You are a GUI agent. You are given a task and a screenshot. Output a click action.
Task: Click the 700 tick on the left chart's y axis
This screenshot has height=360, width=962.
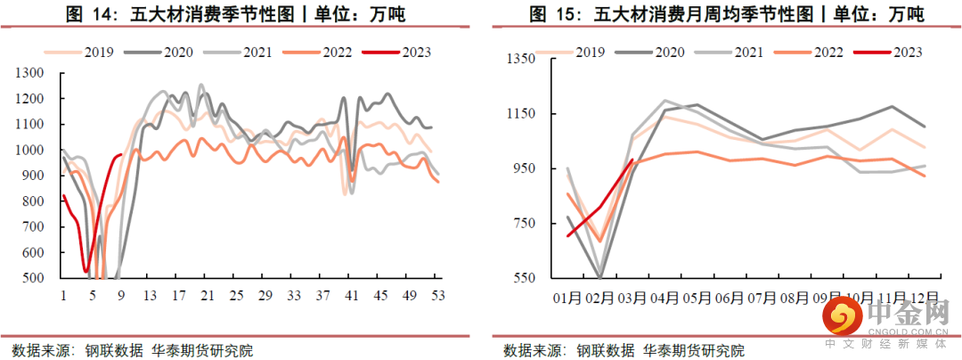[x=35, y=227]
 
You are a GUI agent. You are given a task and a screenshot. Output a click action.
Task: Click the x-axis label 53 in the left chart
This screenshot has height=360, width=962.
[x=437, y=295]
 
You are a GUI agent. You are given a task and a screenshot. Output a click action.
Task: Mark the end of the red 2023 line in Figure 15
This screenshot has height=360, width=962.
[x=632, y=160]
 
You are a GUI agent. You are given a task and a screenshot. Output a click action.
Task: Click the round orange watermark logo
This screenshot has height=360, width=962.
[x=841, y=315]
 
